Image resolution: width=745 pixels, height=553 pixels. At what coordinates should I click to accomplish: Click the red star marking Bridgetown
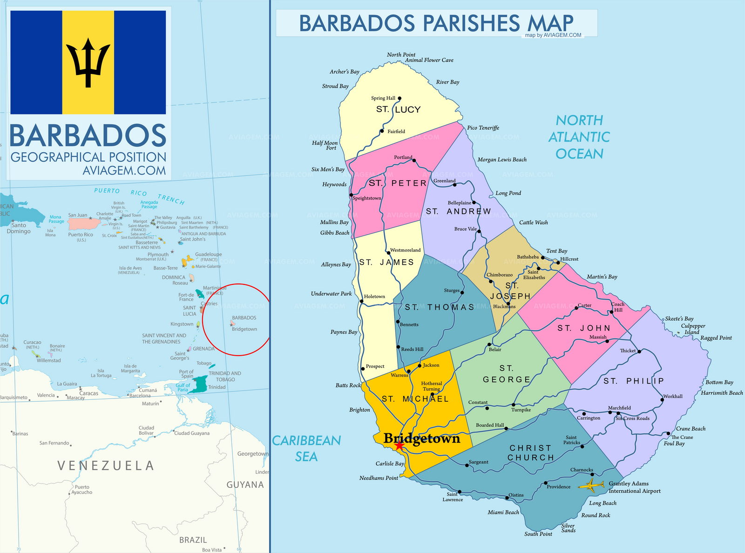click(399, 446)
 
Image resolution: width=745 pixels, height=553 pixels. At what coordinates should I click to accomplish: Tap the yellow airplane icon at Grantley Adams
click(591, 486)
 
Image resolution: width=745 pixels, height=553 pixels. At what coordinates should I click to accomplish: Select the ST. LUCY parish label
click(398, 109)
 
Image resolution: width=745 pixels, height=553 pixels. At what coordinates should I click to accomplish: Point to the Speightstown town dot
click(351, 195)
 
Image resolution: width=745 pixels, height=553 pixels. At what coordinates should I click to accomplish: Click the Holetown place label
click(374, 297)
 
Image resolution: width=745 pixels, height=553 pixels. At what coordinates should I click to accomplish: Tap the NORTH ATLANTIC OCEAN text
click(579, 137)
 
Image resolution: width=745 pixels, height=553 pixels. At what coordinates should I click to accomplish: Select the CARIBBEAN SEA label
click(306, 448)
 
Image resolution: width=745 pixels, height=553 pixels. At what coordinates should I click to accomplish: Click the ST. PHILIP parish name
click(633, 381)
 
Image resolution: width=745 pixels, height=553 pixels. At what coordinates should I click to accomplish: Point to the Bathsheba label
click(528, 257)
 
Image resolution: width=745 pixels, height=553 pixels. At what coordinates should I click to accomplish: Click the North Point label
click(401, 54)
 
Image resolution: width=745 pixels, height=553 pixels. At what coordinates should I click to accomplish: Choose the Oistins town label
click(516, 495)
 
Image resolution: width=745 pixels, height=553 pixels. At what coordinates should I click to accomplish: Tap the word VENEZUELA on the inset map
click(105, 465)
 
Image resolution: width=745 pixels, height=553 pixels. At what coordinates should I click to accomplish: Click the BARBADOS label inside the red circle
click(244, 318)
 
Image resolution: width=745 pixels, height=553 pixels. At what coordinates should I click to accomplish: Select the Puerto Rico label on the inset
click(81, 235)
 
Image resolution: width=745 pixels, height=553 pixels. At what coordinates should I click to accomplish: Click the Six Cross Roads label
click(632, 418)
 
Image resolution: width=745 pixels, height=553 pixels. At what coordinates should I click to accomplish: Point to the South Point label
click(538, 534)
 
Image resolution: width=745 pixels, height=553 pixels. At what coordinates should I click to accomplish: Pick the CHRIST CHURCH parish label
click(530, 452)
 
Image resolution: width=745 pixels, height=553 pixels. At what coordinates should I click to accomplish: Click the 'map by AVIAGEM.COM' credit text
click(553, 35)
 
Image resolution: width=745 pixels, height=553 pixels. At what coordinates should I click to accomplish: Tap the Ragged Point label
click(716, 338)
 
